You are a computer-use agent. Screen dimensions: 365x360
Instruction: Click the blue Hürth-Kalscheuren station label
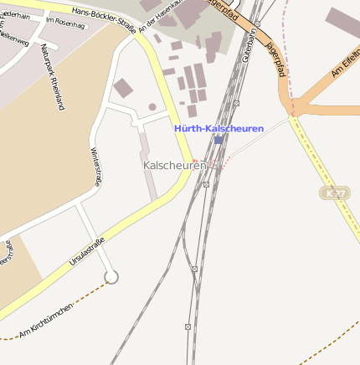219,128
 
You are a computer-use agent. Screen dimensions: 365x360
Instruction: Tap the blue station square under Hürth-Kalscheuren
219,141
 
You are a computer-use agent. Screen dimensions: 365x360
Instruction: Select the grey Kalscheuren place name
173,166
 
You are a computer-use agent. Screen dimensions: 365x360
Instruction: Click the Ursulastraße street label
87,253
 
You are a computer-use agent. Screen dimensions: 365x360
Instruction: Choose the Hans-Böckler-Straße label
103,12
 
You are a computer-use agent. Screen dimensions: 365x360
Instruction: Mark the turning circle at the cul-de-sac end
111,277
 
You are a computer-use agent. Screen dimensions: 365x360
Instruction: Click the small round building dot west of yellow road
152,107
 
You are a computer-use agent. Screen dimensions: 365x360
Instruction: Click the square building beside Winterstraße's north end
123,88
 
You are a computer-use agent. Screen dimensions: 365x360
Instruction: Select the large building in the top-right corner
344,23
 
